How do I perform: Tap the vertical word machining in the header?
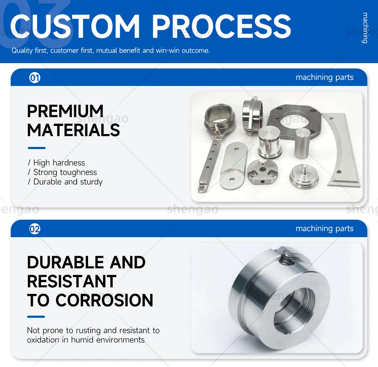point(365,28)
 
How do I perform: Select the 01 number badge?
point(35,77)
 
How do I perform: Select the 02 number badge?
point(35,229)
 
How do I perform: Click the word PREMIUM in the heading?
point(65,111)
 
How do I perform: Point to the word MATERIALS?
point(73,130)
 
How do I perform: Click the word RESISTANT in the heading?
point(72,281)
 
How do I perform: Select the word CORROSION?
point(104,300)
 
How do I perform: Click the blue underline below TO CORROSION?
point(36,316)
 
